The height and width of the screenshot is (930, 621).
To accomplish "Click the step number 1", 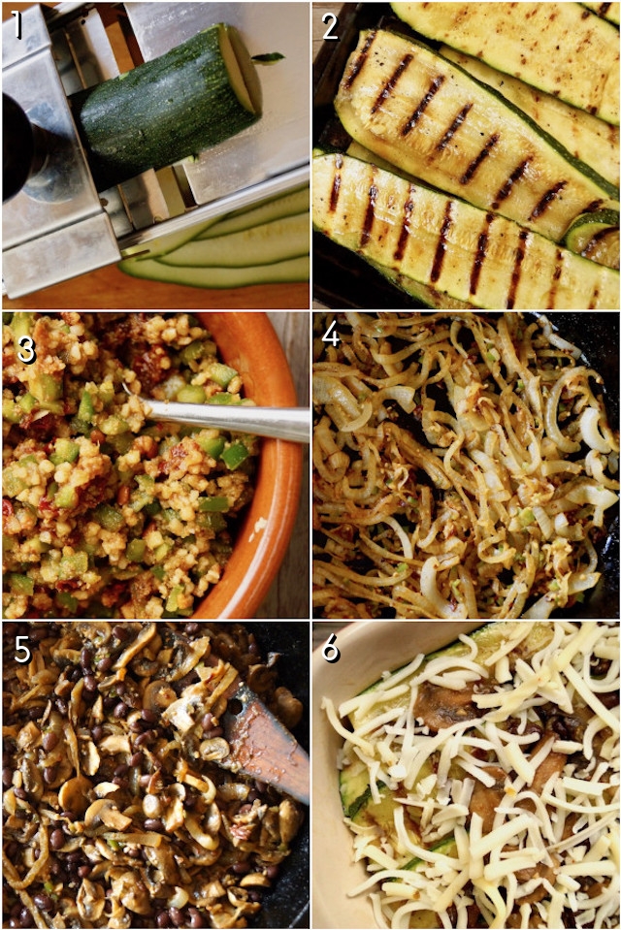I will pos(16,25).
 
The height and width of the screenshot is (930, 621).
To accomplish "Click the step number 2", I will pos(330,26).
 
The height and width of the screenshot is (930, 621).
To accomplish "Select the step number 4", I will pos(331,335).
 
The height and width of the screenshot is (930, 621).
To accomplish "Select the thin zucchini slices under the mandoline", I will pos(233,247).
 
